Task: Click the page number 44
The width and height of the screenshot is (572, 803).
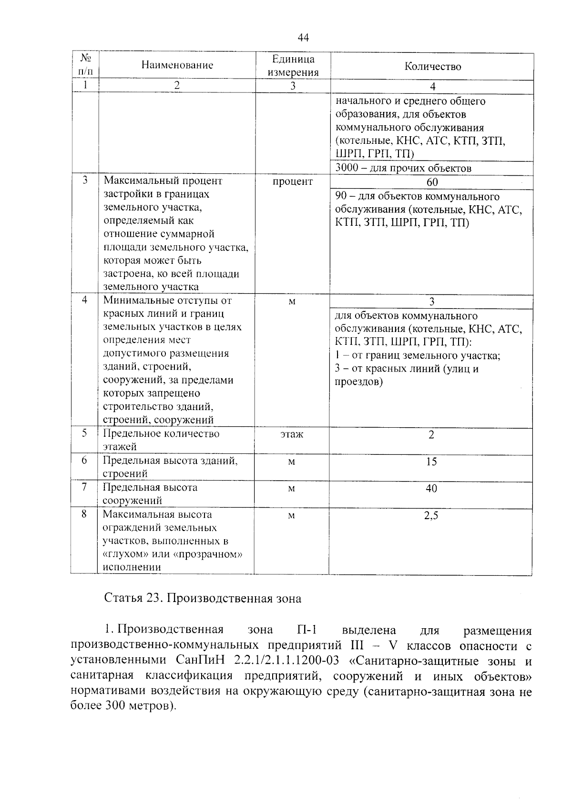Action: coord(303,38)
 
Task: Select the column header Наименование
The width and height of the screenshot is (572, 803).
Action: coord(177,65)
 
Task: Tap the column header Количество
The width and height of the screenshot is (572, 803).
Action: coord(432,67)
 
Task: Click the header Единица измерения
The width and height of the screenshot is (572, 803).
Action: coord(293,66)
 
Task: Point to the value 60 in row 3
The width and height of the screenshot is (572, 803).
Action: coord(432,182)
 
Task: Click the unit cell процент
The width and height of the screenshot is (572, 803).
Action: coord(293,181)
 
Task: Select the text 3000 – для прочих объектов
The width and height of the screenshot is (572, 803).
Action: coord(403,168)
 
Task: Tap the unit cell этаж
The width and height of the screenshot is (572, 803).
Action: coord(292,434)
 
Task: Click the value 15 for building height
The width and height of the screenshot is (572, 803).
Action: coord(431,462)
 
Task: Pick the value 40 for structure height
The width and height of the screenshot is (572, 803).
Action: coord(431,488)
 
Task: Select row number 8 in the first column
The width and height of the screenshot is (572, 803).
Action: coord(84,514)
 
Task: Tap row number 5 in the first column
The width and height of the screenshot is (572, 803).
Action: coord(84,433)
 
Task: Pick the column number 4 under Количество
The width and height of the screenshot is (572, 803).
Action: coord(432,87)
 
